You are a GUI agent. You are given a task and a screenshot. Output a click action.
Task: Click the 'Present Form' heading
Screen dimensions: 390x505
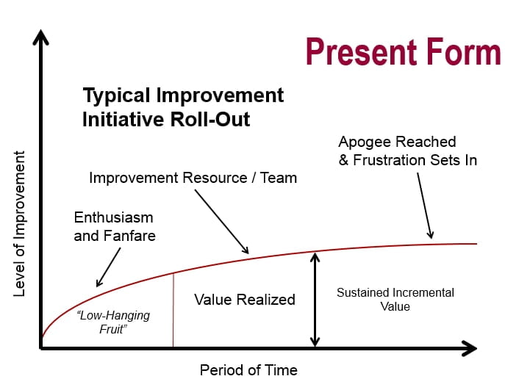(403, 53)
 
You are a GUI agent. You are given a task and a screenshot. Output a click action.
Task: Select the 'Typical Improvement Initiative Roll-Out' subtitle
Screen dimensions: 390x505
(183, 107)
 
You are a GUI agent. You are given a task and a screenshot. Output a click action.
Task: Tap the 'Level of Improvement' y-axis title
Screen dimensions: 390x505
(20, 224)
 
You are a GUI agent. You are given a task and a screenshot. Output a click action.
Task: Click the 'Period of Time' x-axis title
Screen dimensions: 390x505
(248, 369)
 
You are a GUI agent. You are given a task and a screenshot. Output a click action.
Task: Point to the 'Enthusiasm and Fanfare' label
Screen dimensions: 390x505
(115, 227)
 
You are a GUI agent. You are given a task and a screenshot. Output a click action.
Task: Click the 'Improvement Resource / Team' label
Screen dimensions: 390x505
(193, 178)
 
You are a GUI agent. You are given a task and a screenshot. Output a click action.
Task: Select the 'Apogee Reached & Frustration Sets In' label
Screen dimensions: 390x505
(407, 151)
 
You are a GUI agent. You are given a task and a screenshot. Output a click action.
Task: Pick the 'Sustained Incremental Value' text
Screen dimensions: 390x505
(395, 300)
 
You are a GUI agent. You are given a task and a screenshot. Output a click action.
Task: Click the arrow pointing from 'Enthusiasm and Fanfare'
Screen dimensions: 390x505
(109, 267)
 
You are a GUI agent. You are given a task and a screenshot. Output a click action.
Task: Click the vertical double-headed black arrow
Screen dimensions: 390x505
(315, 299)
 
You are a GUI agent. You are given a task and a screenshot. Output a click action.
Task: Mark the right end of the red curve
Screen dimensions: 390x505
(476, 243)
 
